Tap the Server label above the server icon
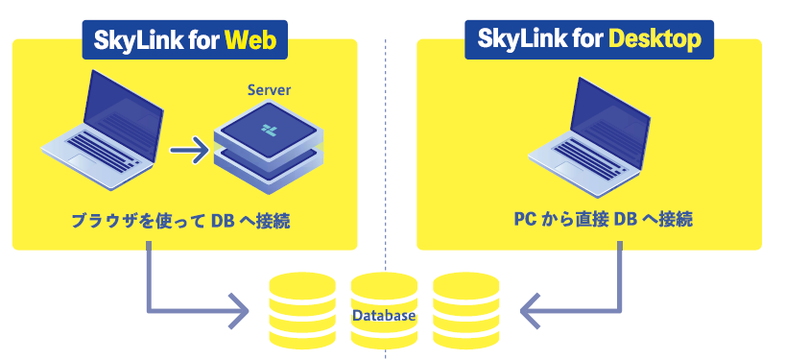click(269, 90)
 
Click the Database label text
click(384, 315)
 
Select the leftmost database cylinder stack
click(301, 310)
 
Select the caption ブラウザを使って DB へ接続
click(181, 222)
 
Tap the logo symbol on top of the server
click(266, 128)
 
